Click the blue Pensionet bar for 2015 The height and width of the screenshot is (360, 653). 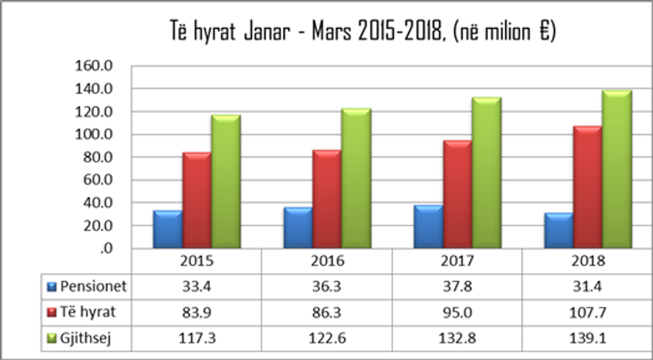click(x=167, y=230)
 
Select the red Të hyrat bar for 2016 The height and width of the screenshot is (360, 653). click(x=327, y=200)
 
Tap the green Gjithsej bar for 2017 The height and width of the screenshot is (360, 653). click(x=486, y=173)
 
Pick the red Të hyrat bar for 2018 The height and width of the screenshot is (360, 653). click(x=588, y=188)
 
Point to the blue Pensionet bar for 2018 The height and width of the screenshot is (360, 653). click(x=558, y=231)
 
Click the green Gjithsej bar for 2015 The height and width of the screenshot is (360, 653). click(x=226, y=182)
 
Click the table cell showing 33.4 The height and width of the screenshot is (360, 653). click(x=197, y=287)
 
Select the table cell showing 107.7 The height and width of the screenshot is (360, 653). click(x=587, y=313)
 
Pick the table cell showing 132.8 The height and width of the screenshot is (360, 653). click(x=456, y=338)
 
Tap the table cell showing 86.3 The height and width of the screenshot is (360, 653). click(x=326, y=313)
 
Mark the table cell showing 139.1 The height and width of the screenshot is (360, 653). click(x=587, y=338)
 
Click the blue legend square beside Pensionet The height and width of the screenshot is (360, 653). click(x=52, y=288)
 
